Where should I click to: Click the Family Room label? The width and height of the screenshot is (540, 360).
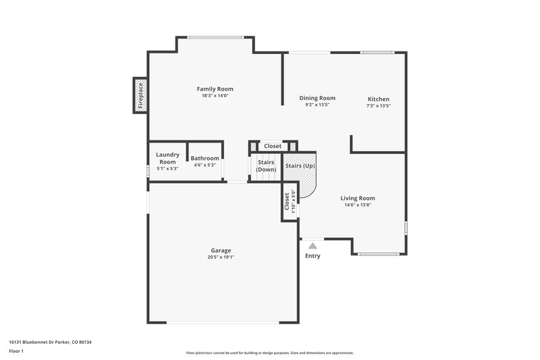[215, 89]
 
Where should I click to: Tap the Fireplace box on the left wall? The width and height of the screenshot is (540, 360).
[140, 95]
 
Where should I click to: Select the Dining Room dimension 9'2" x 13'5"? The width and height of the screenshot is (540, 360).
[317, 105]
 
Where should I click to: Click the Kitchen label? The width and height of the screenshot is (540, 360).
[378, 99]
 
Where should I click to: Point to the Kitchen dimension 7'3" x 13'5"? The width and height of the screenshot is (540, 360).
[378, 106]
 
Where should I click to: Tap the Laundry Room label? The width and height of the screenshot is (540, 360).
[167, 158]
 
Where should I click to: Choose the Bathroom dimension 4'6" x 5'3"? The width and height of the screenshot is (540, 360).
[205, 165]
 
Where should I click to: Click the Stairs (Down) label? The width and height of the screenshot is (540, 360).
[266, 165]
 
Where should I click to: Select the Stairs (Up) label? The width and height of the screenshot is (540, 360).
[300, 165]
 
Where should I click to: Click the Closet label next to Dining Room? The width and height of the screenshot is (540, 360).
[273, 146]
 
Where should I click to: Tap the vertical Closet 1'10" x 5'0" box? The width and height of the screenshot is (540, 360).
[290, 202]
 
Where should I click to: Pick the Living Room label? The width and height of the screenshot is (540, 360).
[358, 198]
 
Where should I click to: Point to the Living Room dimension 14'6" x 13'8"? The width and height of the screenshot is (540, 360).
[358, 205]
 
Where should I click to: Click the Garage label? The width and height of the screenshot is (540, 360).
[221, 249]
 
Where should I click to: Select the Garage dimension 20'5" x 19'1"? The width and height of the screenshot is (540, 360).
[221, 257]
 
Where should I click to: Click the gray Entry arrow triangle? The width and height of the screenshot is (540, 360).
[313, 246]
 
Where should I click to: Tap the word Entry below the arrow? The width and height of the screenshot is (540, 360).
[313, 256]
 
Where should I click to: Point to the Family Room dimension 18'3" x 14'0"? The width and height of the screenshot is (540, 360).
[215, 96]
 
